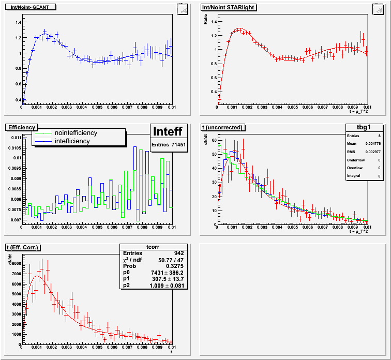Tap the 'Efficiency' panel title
pos(21,127)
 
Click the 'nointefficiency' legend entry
pos(76,133)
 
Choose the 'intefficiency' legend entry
pos(72,141)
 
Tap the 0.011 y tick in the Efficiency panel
pos(15,138)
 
